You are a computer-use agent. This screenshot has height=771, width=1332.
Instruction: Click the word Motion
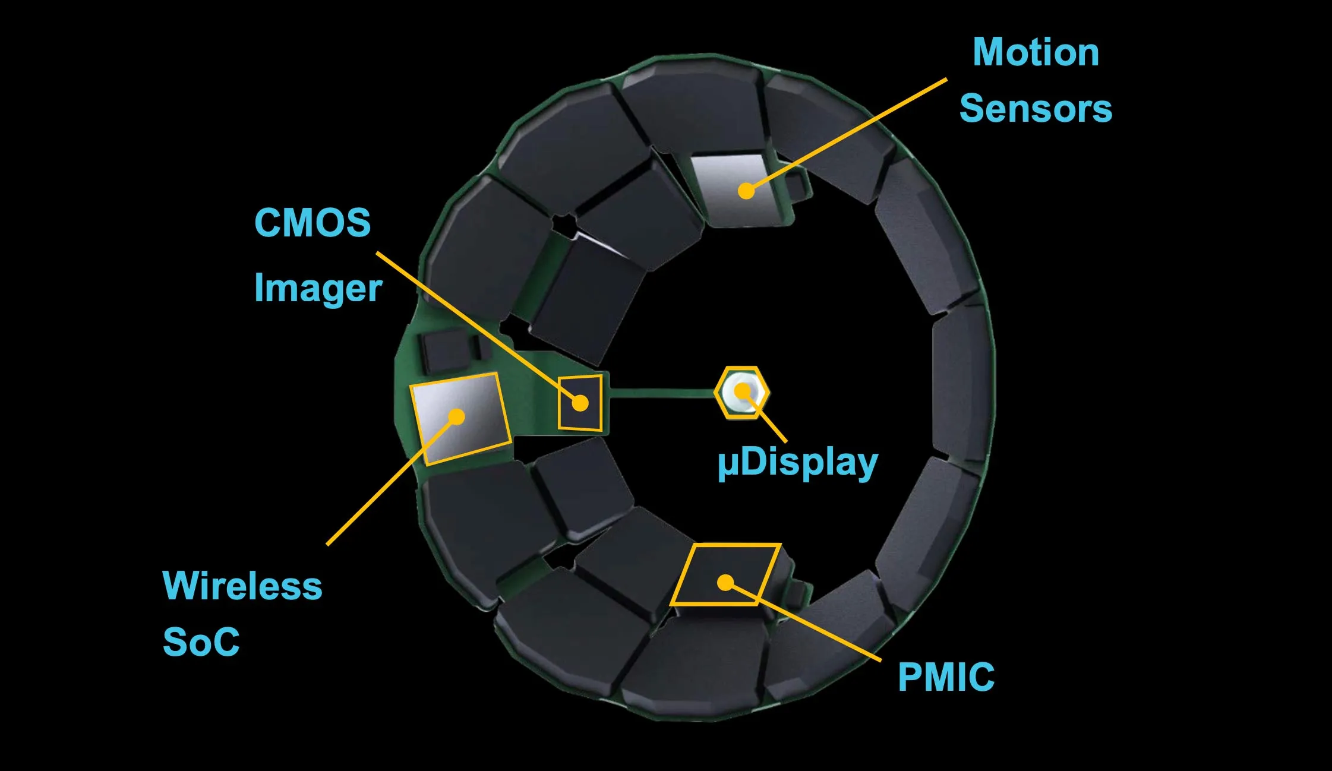click(x=1036, y=52)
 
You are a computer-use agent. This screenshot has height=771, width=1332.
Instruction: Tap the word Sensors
click(x=1036, y=109)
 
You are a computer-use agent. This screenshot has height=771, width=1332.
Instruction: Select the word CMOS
click(x=313, y=223)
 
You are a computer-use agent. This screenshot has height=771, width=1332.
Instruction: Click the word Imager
click(x=318, y=289)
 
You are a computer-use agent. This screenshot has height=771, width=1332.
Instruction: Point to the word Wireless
click(x=242, y=586)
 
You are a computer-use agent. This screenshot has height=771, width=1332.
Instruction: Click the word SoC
click(x=201, y=642)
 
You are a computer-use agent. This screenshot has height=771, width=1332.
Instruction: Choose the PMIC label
click(x=946, y=677)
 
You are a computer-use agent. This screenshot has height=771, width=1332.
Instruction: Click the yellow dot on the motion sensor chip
click(x=746, y=191)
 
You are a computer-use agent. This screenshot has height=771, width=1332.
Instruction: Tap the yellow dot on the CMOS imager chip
click(x=580, y=404)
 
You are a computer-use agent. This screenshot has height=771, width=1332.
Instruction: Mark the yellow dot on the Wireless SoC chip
click(x=456, y=416)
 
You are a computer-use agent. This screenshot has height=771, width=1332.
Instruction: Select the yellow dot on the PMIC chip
click(x=725, y=583)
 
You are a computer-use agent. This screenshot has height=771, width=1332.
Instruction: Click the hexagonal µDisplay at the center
click(x=742, y=392)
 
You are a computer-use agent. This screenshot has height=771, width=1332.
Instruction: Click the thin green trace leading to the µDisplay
click(x=659, y=393)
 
